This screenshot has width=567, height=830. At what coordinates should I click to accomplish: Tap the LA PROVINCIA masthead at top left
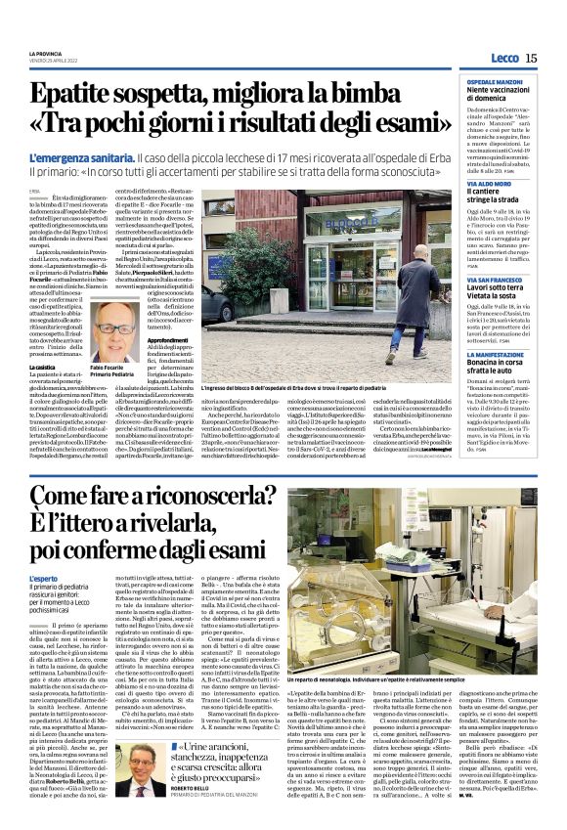pyautogui.click(x=45, y=52)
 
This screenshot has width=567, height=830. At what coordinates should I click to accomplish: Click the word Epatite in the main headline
pyautogui.click(x=81, y=95)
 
